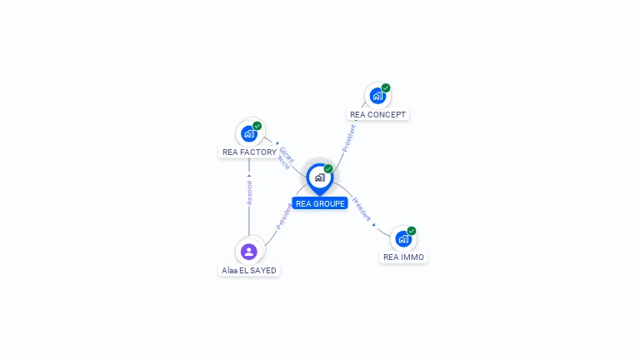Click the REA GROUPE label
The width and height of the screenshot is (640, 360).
(320, 203)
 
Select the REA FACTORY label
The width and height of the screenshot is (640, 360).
(249, 152)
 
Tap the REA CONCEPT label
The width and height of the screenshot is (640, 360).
(378, 114)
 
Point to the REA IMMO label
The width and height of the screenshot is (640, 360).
(403, 257)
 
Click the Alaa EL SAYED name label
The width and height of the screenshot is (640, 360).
(248, 270)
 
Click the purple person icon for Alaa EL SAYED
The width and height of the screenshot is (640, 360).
(248, 251)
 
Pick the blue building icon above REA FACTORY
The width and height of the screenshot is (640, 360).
(248, 133)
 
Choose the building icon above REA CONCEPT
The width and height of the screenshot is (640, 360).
(377, 96)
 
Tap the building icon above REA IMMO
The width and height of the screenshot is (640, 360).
(402, 239)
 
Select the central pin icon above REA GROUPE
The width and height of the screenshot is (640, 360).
(319, 177)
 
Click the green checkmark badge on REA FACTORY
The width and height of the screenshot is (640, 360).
(257, 126)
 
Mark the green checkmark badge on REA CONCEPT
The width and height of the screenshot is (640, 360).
(386, 87)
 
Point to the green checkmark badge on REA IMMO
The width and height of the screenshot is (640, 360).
(412, 231)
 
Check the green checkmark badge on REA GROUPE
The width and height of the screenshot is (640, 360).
(328, 168)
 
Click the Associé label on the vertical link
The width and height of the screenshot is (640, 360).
(248, 192)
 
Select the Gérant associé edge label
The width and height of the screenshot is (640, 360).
(285, 157)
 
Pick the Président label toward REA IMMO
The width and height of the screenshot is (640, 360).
(361, 207)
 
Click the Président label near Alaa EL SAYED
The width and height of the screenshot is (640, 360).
(283, 217)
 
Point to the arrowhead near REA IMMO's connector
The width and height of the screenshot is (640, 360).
(374, 224)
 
